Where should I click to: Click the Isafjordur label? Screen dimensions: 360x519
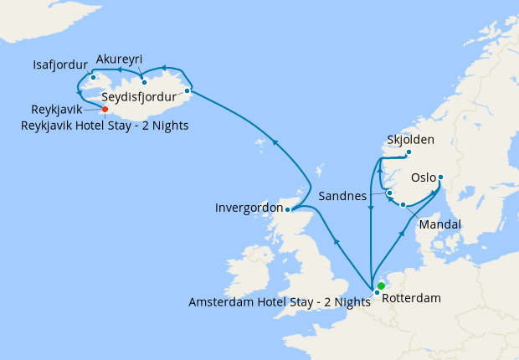61,64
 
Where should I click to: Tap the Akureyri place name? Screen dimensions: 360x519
119,59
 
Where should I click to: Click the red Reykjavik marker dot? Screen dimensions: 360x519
105,109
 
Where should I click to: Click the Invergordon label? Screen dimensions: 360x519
248,207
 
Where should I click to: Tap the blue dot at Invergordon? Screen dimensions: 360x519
287,209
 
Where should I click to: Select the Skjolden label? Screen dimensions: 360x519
411,139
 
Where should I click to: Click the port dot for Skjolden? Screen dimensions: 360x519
409,152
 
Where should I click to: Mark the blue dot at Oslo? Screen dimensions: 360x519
440,177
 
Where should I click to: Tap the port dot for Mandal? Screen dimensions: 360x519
403,205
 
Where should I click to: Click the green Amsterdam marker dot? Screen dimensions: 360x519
381,285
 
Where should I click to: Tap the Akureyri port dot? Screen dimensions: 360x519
144,81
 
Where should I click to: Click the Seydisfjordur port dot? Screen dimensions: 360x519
187,90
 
